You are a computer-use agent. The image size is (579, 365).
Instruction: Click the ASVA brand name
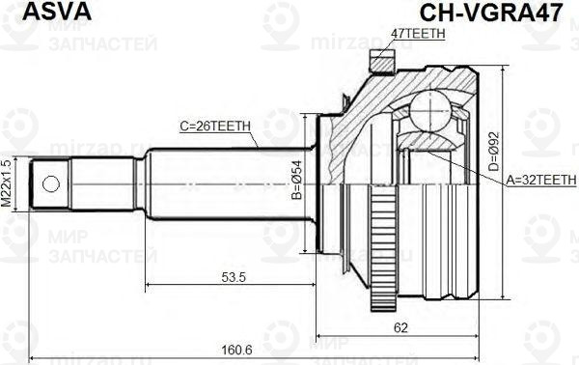click(37, 12)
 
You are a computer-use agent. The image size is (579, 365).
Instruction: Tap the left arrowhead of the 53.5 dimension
click(149, 286)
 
